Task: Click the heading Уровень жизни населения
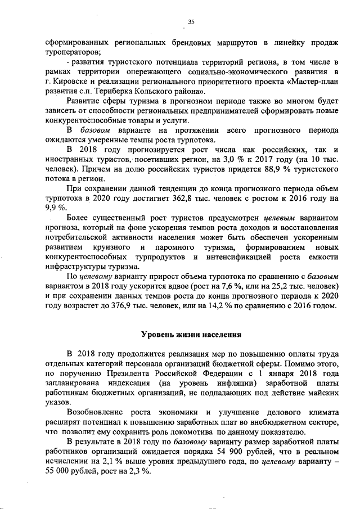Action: click(x=191, y=335)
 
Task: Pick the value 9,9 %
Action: click(x=55, y=208)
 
